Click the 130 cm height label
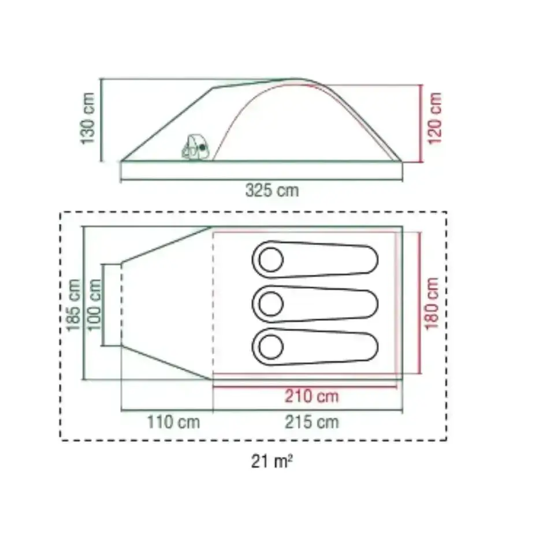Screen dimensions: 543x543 tap(87, 118)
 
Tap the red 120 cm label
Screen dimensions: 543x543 tap(435, 118)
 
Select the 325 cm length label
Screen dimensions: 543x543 tap(272, 191)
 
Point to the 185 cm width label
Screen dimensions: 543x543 tap(73, 305)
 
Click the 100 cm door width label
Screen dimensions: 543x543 tap(94, 305)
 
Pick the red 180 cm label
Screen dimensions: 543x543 tap(432, 304)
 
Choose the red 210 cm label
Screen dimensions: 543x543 tap(312, 396)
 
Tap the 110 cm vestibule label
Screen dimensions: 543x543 tap(173, 422)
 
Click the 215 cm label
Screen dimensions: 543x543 tap(312, 422)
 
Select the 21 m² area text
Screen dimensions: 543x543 tap(272, 462)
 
